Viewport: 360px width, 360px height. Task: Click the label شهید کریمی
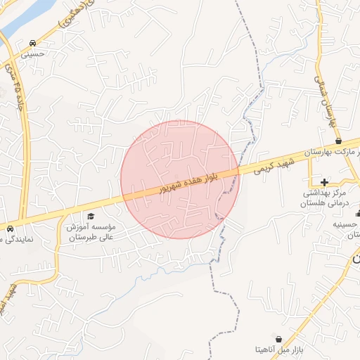click(271, 165)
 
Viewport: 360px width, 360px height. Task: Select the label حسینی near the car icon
click(32, 53)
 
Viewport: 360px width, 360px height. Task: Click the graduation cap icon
click(90, 216)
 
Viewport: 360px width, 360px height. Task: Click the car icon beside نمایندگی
click(10, 229)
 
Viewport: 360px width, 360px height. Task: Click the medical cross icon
click(323, 182)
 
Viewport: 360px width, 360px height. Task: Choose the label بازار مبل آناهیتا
click(280, 349)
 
